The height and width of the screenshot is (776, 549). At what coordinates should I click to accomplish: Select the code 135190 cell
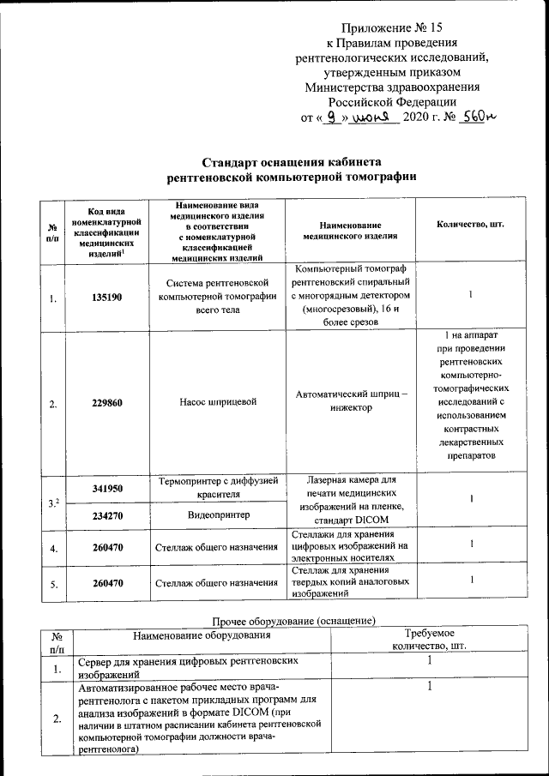[113, 298]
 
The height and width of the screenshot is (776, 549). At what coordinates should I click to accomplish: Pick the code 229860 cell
[113, 401]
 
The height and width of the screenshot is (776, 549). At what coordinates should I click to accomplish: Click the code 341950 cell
[113, 489]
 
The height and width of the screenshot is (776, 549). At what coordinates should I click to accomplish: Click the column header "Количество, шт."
[470, 225]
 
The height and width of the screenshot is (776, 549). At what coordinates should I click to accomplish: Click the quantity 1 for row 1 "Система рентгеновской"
[470, 297]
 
